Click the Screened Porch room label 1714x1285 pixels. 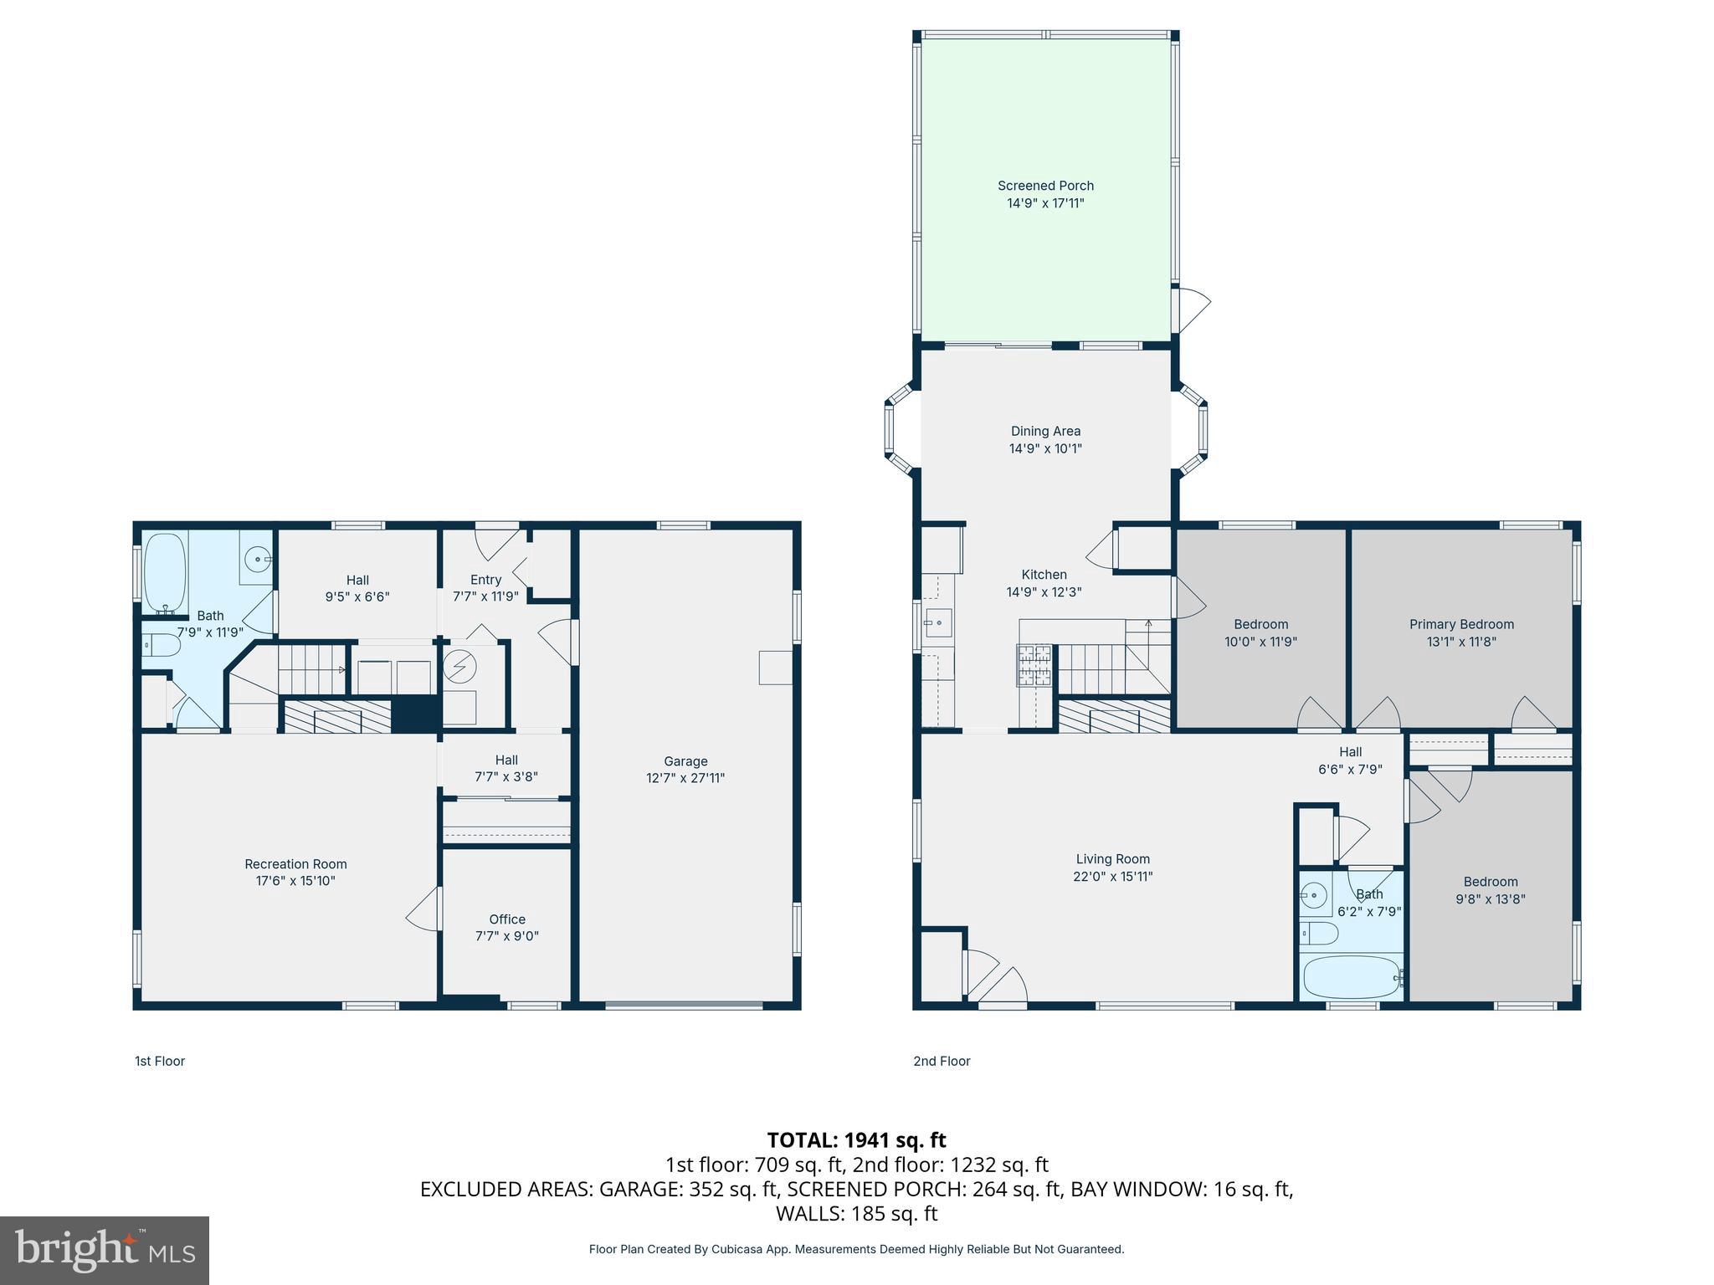pos(1045,186)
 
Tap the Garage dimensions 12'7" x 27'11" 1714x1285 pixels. pos(685,778)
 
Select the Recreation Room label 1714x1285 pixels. pos(295,864)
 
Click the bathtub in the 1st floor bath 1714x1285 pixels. pos(165,573)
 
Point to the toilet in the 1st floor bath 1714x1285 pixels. pos(161,645)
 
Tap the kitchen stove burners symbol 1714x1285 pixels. pos(1034,665)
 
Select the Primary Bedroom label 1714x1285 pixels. pos(1461,624)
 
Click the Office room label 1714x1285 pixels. pos(507,919)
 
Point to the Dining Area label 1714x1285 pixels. pos(1045,431)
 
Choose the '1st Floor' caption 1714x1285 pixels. pos(160,1061)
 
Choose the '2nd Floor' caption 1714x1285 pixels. pos(942,1061)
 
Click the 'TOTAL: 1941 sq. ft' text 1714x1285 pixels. pos(856,1140)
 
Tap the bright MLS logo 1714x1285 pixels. pos(105,1251)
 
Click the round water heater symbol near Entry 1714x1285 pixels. pos(459,667)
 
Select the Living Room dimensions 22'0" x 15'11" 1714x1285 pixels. pos(1112,877)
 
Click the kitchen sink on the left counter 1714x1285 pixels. pos(938,623)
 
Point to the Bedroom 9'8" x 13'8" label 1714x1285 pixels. pos(1490,882)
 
